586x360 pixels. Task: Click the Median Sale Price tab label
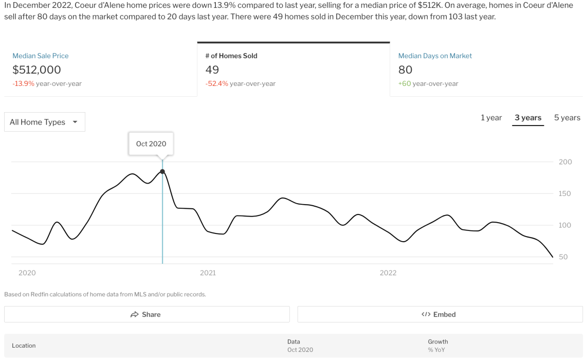click(41, 56)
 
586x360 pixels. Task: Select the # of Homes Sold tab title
click(231, 56)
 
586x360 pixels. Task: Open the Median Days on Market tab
click(435, 56)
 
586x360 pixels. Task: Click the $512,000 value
click(36, 69)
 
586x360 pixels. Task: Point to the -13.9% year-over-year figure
click(23, 83)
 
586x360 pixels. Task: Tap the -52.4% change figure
click(216, 83)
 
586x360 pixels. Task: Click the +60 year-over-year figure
click(405, 83)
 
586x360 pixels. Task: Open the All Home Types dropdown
click(45, 122)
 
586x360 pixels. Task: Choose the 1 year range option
click(491, 118)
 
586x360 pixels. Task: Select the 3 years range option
click(528, 118)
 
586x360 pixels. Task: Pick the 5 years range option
click(567, 118)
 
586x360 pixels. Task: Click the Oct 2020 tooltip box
click(151, 143)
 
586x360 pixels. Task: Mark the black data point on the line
click(162, 171)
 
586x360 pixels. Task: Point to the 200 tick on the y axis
click(565, 161)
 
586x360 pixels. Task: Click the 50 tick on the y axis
click(563, 257)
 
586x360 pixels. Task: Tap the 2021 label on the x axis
click(208, 273)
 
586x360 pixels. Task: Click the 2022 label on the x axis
click(388, 273)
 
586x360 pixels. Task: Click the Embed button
click(440, 314)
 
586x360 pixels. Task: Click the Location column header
click(24, 346)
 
